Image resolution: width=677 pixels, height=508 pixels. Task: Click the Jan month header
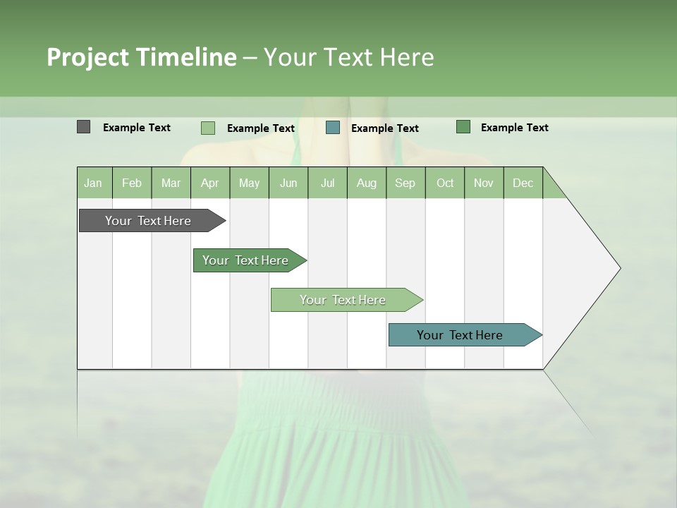(x=94, y=183)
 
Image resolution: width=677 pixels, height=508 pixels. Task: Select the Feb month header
(x=132, y=183)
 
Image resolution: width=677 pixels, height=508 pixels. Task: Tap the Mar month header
(x=171, y=183)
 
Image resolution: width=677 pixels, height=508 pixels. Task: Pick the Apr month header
(x=210, y=183)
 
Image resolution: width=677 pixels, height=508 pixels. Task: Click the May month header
(x=249, y=183)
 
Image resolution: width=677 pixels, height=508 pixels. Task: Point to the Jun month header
(x=288, y=183)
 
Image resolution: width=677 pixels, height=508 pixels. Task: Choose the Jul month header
(x=327, y=183)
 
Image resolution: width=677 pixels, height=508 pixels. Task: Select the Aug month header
(x=367, y=183)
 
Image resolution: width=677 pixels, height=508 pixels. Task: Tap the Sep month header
(x=405, y=183)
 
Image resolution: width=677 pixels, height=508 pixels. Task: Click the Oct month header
(x=445, y=183)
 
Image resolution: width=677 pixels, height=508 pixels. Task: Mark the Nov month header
(x=484, y=183)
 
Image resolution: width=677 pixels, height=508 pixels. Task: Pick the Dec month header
(x=523, y=183)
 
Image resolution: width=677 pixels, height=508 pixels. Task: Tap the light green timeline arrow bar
(x=343, y=300)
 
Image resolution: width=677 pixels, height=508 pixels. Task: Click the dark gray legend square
(x=84, y=127)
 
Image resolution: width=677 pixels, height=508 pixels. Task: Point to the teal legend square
(x=333, y=128)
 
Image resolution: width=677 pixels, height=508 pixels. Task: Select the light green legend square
(x=208, y=128)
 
